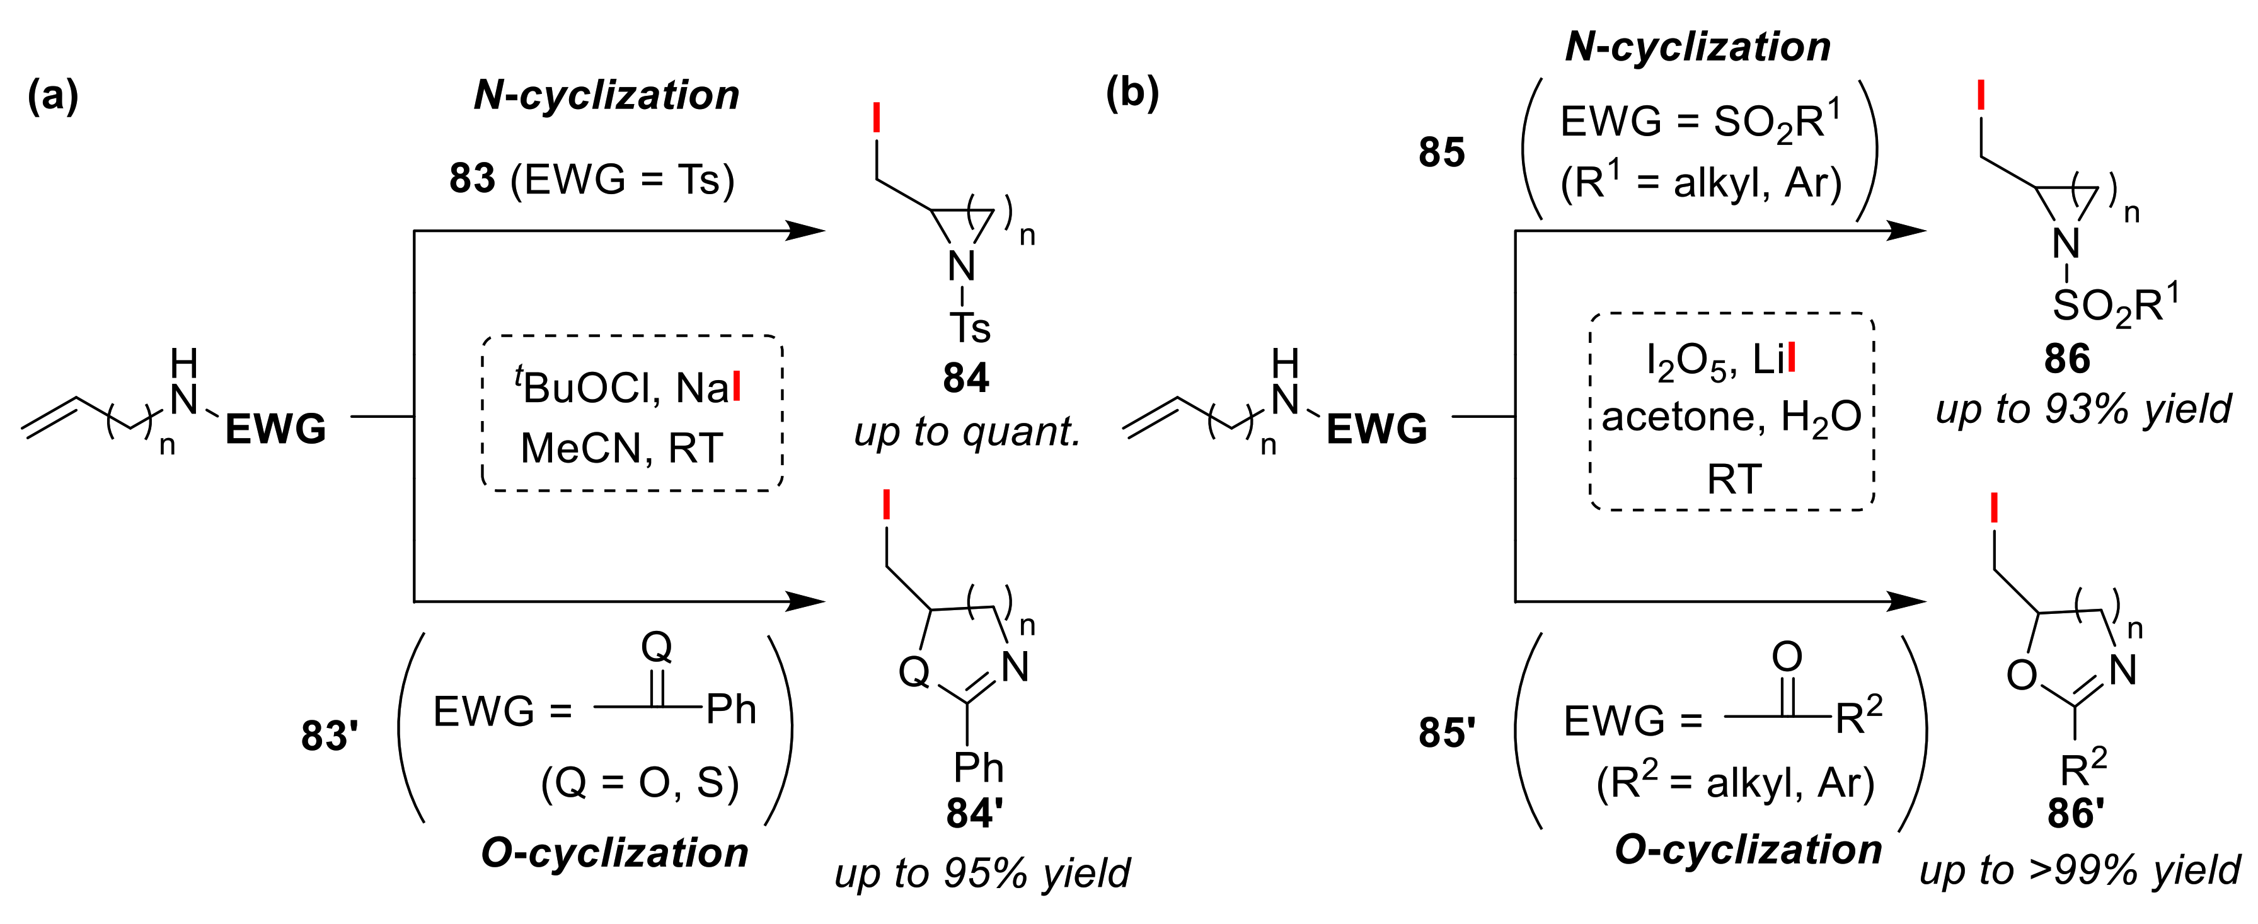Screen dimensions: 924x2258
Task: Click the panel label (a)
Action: point(52,95)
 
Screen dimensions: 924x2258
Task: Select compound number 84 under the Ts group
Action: point(965,378)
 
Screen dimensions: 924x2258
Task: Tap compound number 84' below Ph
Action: point(974,812)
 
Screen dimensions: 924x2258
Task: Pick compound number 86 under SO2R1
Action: point(2066,359)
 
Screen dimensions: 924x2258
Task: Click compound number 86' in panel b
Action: point(2075,812)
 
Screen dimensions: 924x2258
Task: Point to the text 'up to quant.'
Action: point(967,430)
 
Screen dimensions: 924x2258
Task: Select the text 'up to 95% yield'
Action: point(982,872)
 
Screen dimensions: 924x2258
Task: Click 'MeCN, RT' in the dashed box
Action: point(621,448)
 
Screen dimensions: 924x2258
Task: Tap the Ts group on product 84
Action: point(971,329)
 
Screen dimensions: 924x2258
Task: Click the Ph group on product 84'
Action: point(978,767)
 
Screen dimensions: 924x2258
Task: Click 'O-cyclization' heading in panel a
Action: point(614,852)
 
